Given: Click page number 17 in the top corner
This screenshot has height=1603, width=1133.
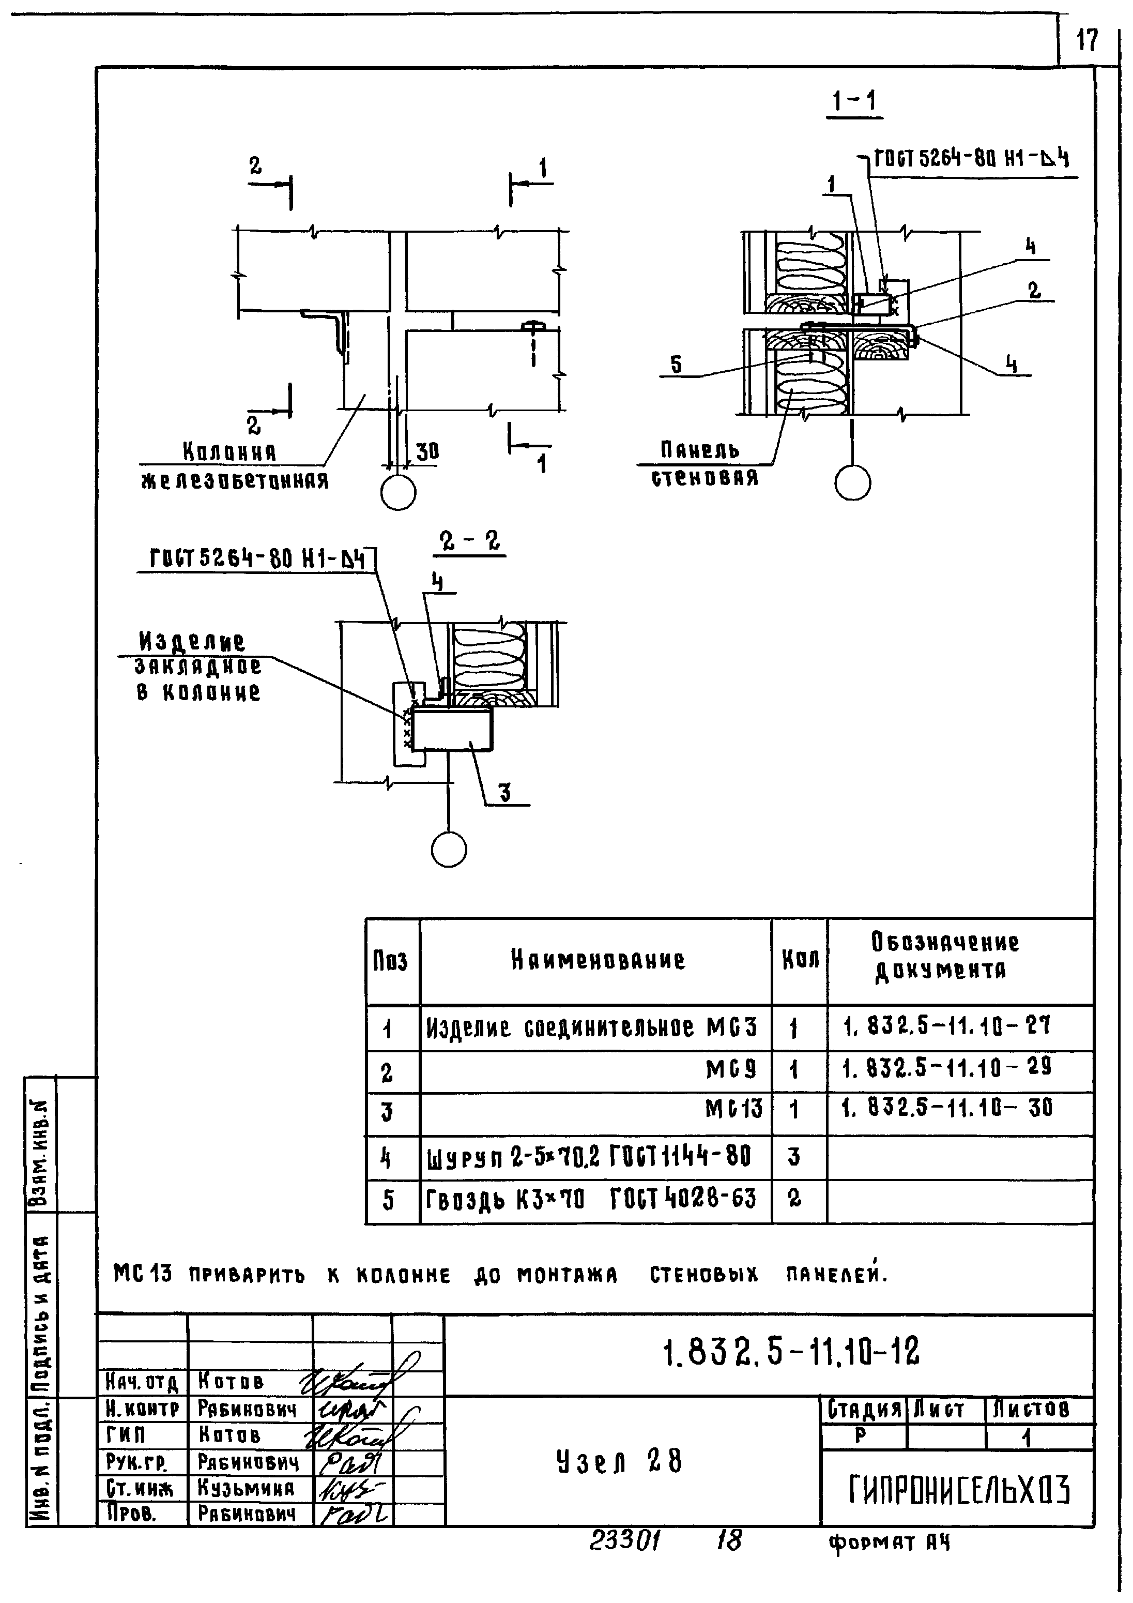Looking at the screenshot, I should [x=1087, y=40].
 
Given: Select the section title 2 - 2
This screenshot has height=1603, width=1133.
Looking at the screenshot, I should [x=470, y=541].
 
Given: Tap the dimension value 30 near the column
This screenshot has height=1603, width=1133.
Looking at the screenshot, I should [x=427, y=452].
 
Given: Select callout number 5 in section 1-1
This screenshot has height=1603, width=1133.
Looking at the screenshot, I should [x=676, y=365].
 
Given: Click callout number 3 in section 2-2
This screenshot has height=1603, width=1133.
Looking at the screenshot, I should [x=504, y=792].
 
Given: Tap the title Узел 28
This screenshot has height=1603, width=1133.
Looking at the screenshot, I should [x=619, y=1461].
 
